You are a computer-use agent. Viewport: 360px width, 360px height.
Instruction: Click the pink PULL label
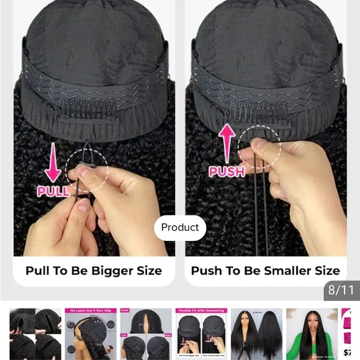[53, 191]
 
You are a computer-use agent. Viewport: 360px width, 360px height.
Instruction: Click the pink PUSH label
[227, 171]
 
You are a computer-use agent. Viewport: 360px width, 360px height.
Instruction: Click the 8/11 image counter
[340, 290]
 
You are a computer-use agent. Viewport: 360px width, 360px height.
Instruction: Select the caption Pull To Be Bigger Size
[94, 271]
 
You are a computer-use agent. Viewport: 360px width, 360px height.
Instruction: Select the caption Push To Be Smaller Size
[265, 271]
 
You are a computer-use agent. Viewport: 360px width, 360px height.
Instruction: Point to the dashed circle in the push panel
[261, 147]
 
